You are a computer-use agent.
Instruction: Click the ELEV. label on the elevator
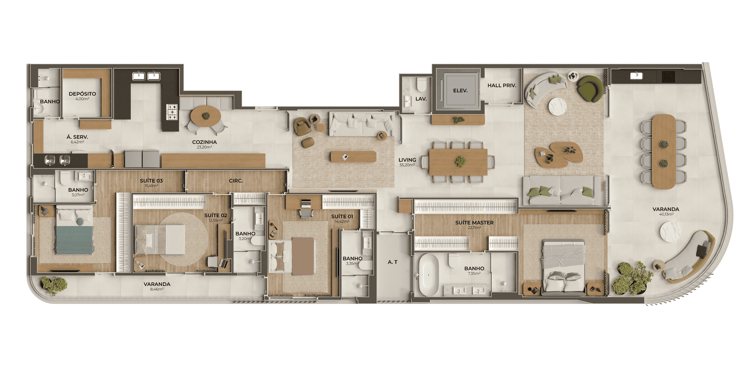(460, 91)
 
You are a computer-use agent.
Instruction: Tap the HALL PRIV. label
(502, 85)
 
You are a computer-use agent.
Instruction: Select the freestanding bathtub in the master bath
(428, 275)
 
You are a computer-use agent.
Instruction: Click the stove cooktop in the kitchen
(172, 112)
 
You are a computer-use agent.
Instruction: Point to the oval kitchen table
(205, 115)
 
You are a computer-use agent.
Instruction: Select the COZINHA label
(204, 142)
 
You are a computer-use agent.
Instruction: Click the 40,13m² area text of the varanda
(666, 214)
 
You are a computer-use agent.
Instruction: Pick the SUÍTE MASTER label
(474, 223)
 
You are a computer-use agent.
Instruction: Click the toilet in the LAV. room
(421, 84)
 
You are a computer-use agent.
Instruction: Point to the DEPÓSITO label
(82, 94)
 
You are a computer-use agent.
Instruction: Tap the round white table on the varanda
(670, 232)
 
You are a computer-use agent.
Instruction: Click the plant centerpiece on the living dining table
(460, 161)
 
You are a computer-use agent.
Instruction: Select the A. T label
(393, 262)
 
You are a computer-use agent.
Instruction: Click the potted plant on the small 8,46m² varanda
(54, 285)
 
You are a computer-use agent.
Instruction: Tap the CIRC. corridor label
(236, 181)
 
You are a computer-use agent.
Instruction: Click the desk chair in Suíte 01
(306, 213)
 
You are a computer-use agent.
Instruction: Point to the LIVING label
(407, 160)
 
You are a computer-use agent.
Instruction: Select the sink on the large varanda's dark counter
(636, 75)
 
